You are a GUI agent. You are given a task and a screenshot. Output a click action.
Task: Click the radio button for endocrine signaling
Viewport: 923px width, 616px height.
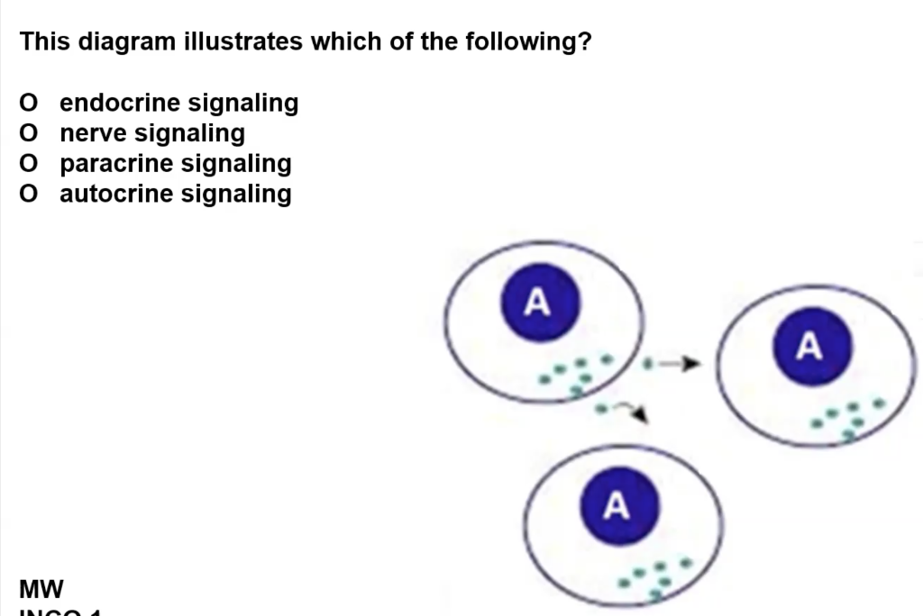click(30, 104)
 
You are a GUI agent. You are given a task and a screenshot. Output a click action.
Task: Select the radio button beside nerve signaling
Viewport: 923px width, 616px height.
click(30, 134)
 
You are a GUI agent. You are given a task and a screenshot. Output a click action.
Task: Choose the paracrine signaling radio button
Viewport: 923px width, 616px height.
click(30, 164)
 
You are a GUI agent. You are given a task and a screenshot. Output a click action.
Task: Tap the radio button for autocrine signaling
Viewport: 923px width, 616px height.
click(30, 195)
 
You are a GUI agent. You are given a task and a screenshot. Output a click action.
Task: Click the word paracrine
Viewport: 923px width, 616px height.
click(117, 164)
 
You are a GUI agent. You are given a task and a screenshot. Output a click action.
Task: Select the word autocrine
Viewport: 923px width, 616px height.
click(117, 195)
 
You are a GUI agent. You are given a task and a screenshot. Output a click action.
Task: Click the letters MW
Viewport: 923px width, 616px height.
click(41, 590)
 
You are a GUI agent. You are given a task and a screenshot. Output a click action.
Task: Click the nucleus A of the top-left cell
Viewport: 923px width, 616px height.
click(538, 303)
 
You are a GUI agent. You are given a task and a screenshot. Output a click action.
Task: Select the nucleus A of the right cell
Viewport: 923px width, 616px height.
click(809, 346)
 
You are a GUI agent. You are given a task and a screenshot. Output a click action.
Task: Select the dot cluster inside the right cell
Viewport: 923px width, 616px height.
click(846, 417)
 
